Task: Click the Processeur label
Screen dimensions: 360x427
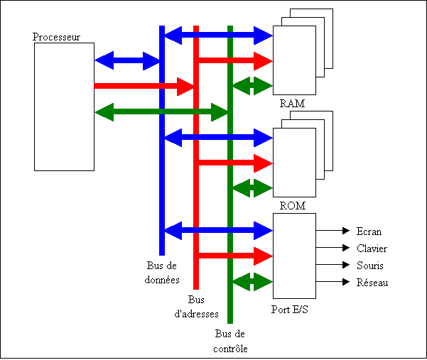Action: (x=57, y=36)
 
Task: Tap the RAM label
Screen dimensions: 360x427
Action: (x=293, y=104)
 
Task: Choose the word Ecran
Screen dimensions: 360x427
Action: (x=369, y=231)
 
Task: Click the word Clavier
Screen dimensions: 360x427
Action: (x=372, y=248)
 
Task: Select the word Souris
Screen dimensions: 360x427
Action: (x=371, y=265)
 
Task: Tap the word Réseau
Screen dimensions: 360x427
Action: (x=372, y=283)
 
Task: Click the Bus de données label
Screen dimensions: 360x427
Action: (x=163, y=273)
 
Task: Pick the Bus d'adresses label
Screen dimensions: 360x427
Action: (x=196, y=306)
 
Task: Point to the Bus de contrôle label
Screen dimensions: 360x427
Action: (x=230, y=340)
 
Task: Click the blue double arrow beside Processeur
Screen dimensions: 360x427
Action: (x=128, y=61)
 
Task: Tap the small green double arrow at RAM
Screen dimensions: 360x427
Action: (x=252, y=86)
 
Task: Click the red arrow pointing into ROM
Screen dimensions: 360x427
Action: (x=234, y=163)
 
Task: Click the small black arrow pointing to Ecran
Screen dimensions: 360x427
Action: (x=333, y=231)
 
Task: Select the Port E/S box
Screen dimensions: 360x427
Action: (x=294, y=256)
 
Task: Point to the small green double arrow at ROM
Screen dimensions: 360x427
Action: (x=252, y=188)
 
